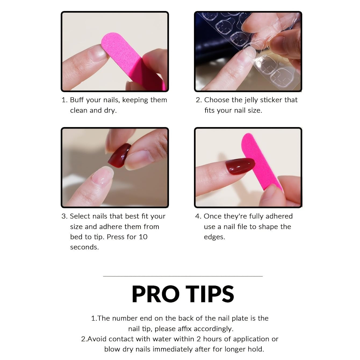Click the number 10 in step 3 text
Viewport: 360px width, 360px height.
143,237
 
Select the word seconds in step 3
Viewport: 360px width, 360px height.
84,247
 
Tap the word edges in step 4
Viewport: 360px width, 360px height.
214,237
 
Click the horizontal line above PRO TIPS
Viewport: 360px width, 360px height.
183,276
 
